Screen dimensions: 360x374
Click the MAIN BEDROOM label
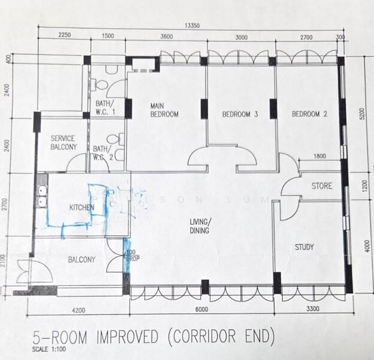click(164, 110)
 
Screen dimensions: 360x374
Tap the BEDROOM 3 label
click(240, 114)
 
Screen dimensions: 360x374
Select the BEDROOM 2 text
click(309, 114)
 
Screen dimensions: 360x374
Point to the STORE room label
click(321, 186)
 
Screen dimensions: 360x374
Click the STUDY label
click(304, 247)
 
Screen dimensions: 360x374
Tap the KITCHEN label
click(82, 208)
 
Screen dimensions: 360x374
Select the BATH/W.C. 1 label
click(105, 108)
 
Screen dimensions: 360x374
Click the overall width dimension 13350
click(191, 25)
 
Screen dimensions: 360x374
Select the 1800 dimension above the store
click(319, 157)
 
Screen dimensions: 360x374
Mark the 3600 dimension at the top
click(166, 37)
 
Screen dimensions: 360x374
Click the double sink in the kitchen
click(42, 197)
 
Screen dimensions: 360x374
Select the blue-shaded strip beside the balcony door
click(126, 255)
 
